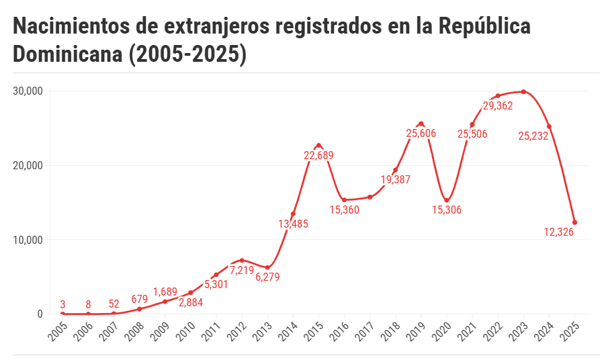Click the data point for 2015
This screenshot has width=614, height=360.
318,145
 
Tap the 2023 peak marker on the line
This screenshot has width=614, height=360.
523,92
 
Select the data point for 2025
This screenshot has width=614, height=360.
575,222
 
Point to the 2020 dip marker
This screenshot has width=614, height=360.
447,200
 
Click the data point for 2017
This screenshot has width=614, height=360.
370,197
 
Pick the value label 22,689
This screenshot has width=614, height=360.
318,156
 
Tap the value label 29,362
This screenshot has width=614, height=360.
498,105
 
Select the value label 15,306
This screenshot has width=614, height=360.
447,210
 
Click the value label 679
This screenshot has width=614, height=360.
140,299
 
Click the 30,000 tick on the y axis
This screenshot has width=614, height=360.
28,91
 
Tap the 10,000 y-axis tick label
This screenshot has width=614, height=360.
28,240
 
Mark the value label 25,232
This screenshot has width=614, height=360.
533,136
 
